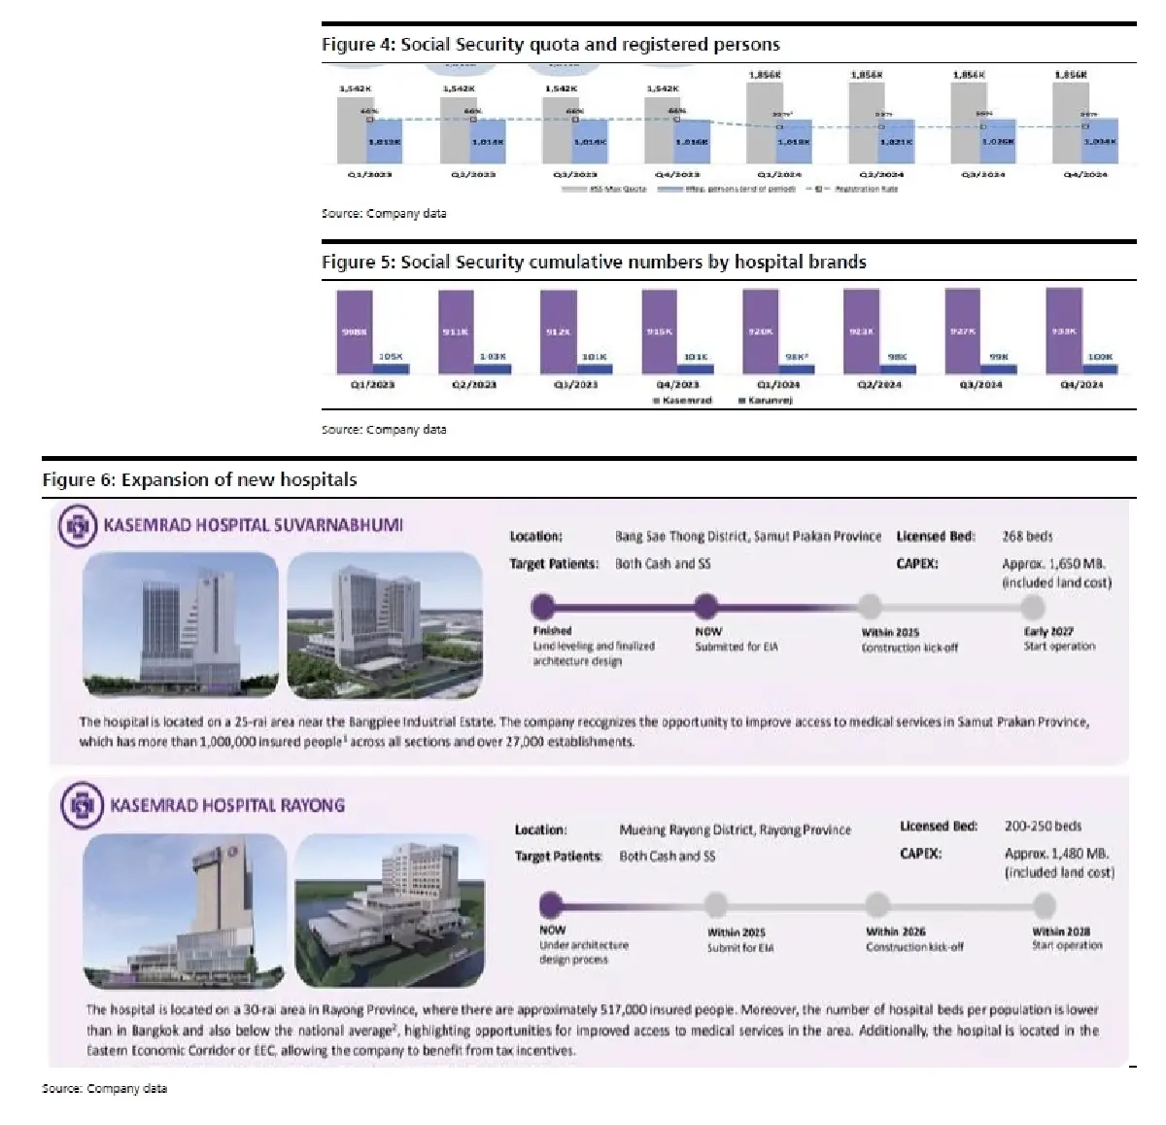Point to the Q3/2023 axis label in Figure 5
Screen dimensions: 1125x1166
[x=576, y=385]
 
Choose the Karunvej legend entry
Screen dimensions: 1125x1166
[x=767, y=401]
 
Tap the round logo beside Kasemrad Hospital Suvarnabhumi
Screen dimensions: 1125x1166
[x=78, y=526]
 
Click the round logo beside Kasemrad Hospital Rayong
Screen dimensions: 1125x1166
[x=82, y=806]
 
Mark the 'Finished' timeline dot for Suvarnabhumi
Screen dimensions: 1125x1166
[x=543, y=608]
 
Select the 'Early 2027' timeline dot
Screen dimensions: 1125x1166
[x=1033, y=608]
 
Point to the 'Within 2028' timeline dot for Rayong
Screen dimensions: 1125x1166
[x=1045, y=906]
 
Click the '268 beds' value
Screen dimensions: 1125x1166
[x=1027, y=537]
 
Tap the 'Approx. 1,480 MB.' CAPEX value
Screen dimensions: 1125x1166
[x=1056, y=854]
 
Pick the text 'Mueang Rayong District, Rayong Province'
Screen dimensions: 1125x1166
[x=735, y=830]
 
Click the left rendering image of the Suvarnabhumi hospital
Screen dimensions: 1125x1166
[x=180, y=624]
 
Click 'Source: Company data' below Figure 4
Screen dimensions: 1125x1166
[x=384, y=213]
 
